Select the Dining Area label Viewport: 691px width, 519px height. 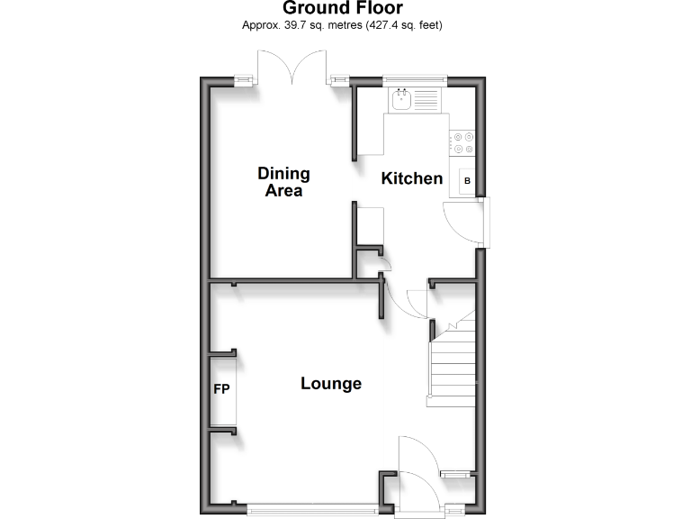(x=283, y=181)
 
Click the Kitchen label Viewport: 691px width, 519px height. (x=412, y=178)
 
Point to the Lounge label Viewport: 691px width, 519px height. (x=331, y=384)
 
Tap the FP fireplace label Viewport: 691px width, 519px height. (x=221, y=390)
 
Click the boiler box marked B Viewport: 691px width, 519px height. (x=467, y=181)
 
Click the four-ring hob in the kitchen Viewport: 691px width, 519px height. (x=464, y=141)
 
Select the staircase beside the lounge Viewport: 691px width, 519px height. (x=452, y=360)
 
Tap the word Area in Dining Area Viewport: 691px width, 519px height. (x=283, y=191)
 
